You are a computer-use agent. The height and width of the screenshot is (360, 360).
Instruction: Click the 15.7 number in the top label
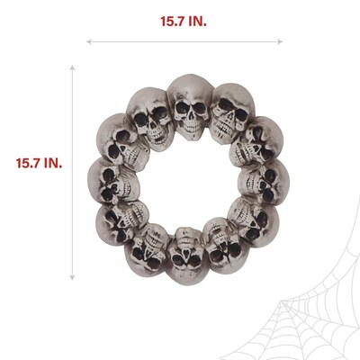(x=169, y=19)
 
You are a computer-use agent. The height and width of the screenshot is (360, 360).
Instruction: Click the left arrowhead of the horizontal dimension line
(x=89, y=40)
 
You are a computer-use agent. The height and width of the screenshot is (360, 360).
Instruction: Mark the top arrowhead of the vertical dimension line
(x=72, y=65)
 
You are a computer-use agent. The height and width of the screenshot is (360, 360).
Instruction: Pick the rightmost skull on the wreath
(x=261, y=180)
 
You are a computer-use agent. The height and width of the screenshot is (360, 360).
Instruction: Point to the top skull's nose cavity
(x=190, y=117)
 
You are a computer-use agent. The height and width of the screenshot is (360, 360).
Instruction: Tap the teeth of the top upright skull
(x=190, y=129)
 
